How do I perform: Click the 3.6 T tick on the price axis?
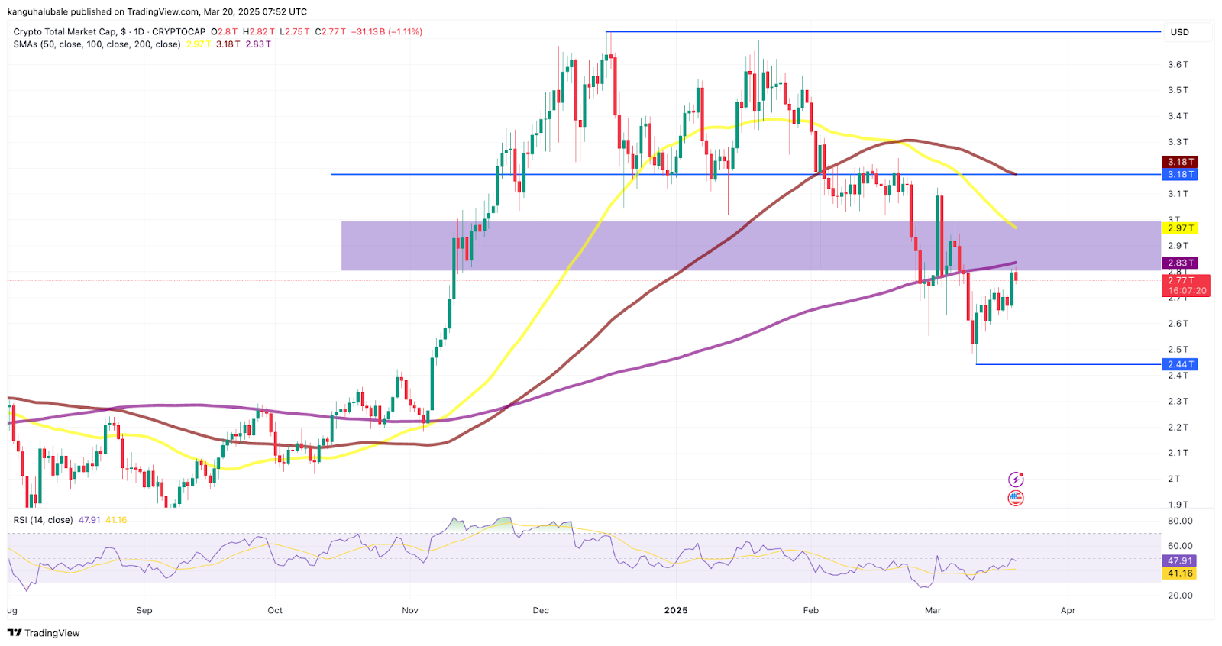(1178, 64)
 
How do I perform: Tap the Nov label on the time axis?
(410, 610)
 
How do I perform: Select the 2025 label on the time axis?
(676, 610)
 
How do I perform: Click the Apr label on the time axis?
(1068, 610)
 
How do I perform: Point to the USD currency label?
(1180, 32)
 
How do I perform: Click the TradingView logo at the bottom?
(44, 633)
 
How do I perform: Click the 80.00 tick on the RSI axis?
(1180, 521)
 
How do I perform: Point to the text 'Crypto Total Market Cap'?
(65, 31)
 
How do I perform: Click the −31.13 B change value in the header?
(369, 31)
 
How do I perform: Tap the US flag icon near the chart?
(1016, 498)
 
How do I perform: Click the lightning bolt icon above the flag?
(1016, 480)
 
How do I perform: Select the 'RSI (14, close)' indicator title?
(43, 520)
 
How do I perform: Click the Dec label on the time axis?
(541, 610)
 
